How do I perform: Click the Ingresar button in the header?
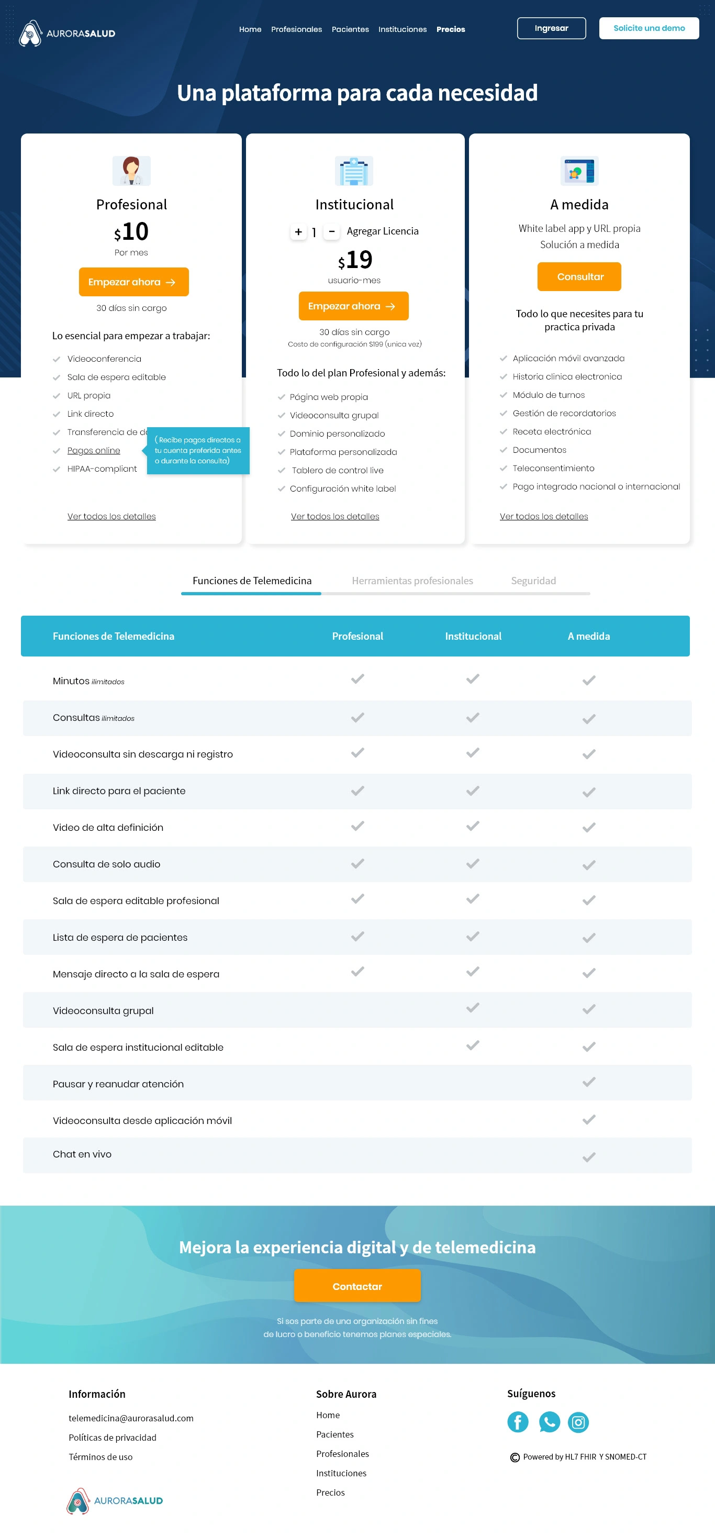[x=551, y=28]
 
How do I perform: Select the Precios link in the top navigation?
[x=450, y=29]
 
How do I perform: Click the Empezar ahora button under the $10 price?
[x=133, y=282]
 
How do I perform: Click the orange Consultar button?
[x=579, y=276]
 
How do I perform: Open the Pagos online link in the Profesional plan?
[x=94, y=450]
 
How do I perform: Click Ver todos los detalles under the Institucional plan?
[x=334, y=516]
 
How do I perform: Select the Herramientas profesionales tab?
[x=412, y=581]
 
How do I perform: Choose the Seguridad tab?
[x=533, y=581]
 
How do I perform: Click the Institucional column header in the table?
[x=473, y=636]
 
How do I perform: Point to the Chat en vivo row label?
[x=82, y=1154]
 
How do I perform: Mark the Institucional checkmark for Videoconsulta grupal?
[x=473, y=1008]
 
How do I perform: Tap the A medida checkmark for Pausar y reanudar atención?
[x=588, y=1082]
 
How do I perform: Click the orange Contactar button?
[x=356, y=1286]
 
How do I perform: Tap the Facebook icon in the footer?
[x=518, y=1422]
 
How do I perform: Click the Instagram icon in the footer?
[x=578, y=1422]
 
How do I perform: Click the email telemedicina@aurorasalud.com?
[x=131, y=1418]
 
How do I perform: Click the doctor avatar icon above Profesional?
[x=131, y=171]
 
